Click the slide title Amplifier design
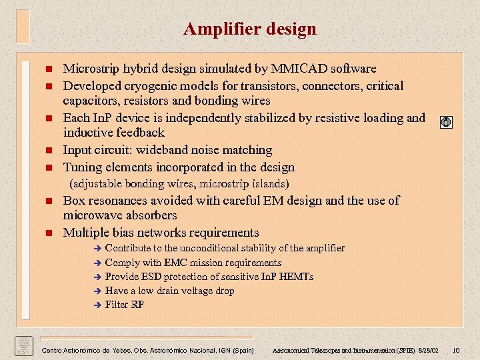tap(250, 29)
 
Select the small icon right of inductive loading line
tap(447, 123)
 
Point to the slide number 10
tap(456, 351)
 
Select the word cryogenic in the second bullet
tap(146, 86)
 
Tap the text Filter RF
tap(124, 305)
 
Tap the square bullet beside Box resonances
tap(49, 201)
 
